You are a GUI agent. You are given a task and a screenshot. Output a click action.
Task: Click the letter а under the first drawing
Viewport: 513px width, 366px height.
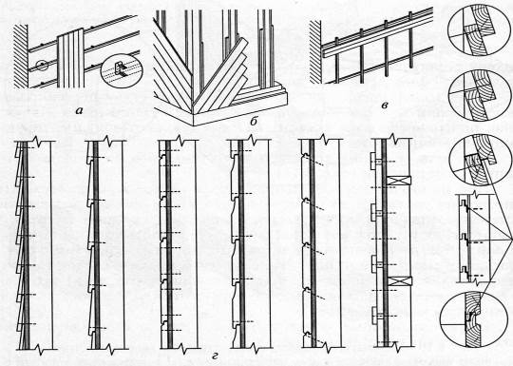point(79,111)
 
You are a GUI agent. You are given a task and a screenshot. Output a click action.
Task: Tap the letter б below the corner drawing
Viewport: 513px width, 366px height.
point(253,122)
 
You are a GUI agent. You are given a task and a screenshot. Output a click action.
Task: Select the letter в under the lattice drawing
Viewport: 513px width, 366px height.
point(385,106)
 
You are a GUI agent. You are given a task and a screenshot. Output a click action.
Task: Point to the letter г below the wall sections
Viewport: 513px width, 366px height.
point(215,356)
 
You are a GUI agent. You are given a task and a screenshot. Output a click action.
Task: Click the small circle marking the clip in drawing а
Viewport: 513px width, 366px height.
point(42,66)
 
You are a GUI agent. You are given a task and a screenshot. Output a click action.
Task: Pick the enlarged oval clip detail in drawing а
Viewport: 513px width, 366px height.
point(122,71)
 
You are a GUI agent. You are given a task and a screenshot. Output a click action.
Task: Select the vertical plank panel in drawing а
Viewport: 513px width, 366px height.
point(71,58)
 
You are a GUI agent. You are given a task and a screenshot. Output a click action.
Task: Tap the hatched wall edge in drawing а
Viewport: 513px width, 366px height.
point(21,56)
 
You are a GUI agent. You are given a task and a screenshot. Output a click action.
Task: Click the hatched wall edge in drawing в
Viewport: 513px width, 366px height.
point(315,51)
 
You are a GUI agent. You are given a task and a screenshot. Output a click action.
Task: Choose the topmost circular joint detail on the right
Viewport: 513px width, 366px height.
point(475,30)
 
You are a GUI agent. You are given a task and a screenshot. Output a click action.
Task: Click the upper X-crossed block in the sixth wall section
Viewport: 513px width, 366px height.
point(399,181)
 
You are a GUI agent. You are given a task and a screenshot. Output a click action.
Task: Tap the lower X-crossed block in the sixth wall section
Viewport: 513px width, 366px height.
point(400,281)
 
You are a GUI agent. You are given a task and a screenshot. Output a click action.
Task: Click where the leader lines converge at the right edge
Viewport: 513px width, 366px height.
point(512,241)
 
